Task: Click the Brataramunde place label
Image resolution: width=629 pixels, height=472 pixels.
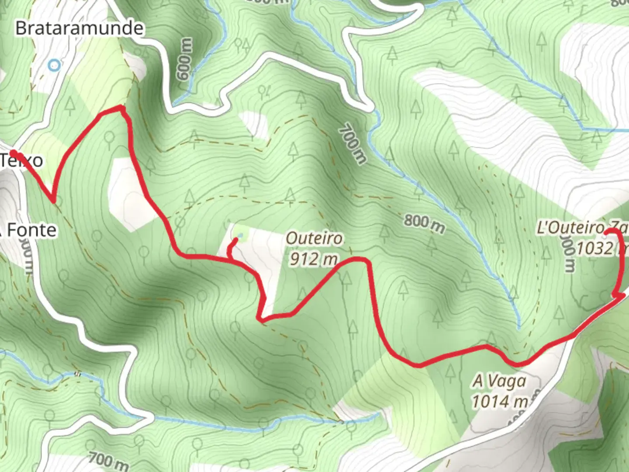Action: (79, 28)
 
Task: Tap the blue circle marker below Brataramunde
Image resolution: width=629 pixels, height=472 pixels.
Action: (54, 66)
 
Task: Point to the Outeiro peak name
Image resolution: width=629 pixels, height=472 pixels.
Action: (314, 239)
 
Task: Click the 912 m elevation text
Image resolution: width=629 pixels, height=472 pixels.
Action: (314, 259)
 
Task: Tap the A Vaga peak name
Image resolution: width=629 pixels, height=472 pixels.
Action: (499, 381)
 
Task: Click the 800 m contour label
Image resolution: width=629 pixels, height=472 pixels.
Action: (424, 223)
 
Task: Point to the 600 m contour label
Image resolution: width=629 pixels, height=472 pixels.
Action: (185, 59)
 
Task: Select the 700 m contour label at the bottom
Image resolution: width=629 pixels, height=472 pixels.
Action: (108, 460)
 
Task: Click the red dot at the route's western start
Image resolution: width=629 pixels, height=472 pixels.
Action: (14, 153)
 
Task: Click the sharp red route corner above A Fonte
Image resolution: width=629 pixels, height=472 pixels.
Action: (53, 201)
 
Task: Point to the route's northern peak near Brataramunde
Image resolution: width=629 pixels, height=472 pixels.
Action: (121, 107)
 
